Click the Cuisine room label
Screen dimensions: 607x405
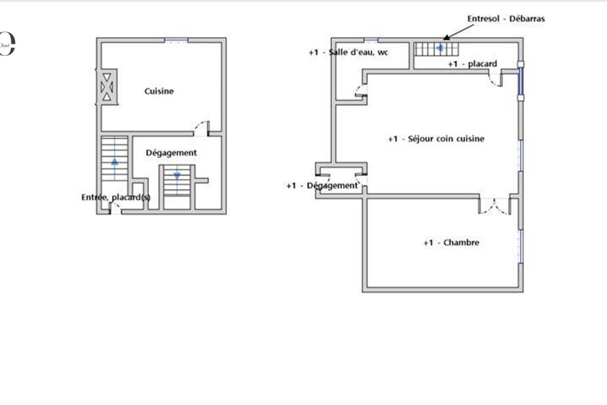coord(159,91)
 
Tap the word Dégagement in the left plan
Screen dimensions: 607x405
coord(171,153)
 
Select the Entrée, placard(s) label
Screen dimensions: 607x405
coord(116,197)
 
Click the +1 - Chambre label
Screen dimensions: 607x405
coord(451,242)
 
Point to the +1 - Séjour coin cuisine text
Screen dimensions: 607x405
coord(436,139)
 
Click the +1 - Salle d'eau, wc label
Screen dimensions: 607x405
coord(349,52)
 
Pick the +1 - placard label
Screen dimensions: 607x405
coord(472,64)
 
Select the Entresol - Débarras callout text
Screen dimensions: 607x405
coord(506,19)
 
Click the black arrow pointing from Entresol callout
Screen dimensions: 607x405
coord(458,32)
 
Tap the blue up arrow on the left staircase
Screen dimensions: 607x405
coord(115,161)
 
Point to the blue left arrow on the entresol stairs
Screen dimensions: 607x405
coord(440,48)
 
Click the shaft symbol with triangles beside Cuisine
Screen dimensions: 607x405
coord(107,87)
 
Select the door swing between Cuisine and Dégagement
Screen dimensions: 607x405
coord(202,128)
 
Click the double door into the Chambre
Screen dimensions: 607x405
coord(495,207)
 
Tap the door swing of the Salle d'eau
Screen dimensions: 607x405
coord(361,91)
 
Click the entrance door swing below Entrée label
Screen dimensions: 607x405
coord(116,208)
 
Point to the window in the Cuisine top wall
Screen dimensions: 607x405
coord(177,40)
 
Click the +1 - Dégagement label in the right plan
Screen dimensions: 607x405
coord(322,186)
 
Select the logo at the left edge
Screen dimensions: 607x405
coord(8,44)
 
